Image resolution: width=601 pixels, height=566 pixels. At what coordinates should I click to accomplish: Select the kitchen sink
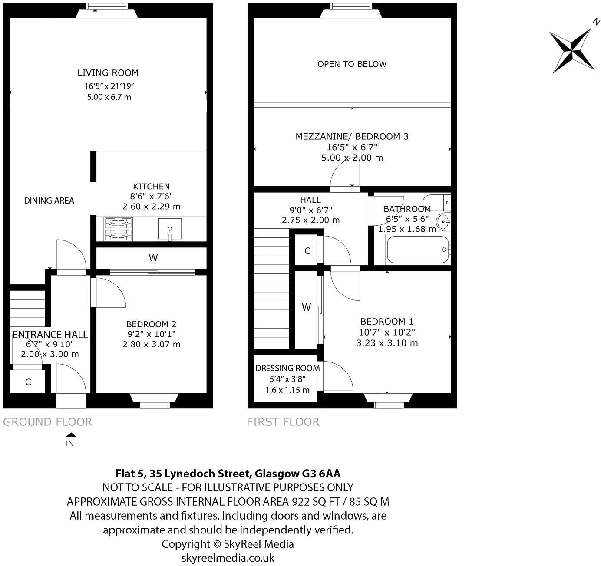point(169,228)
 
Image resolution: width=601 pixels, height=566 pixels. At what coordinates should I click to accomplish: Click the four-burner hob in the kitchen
point(118,229)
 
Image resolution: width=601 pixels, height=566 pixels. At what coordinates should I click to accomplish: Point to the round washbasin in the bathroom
point(444,221)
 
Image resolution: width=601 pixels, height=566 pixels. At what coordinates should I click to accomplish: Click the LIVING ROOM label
point(108,73)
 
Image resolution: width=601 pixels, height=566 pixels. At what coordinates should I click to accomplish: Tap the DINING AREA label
point(49,201)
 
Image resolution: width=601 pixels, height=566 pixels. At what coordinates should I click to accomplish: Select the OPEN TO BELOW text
point(352,64)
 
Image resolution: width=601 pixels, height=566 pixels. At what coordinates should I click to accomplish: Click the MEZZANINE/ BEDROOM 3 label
point(352,137)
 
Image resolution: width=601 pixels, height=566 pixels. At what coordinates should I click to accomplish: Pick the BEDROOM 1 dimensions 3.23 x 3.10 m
point(387,343)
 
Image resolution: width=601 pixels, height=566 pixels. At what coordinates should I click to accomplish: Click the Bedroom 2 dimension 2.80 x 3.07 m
point(151,344)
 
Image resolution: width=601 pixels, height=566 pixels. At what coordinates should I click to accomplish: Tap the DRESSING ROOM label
point(287,369)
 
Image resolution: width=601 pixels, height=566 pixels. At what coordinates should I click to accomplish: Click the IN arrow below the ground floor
point(71,435)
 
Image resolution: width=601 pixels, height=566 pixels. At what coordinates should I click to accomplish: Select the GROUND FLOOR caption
point(48,422)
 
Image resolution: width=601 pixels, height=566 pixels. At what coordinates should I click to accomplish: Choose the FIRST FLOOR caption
point(283,422)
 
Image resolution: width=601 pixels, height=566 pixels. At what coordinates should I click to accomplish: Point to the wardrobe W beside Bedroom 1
point(306,307)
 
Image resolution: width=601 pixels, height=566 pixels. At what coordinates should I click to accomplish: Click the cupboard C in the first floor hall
point(307,251)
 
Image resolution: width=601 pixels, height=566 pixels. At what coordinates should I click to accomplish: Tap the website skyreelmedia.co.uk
point(228,558)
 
